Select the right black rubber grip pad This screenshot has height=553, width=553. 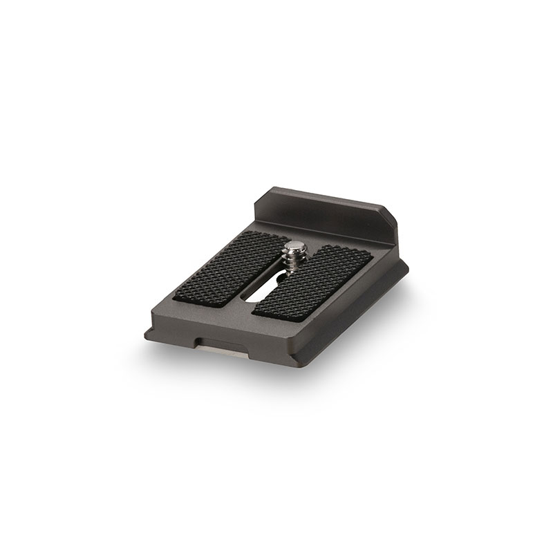[x=314, y=283]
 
